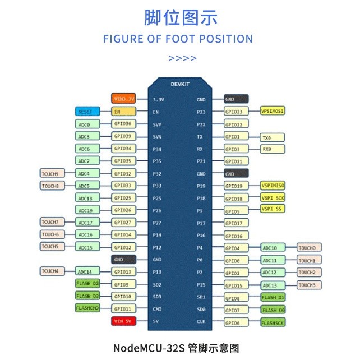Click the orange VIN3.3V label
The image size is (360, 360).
[x=123, y=99]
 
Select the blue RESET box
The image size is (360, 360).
[x=87, y=112]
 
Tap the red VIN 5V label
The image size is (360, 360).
[x=123, y=321]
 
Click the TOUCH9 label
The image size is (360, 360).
[x=53, y=173]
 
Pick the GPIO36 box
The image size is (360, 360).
[x=123, y=124]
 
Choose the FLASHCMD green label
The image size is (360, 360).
[x=87, y=308]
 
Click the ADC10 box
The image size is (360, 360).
[x=273, y=247]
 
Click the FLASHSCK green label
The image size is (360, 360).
[x=273, y=322]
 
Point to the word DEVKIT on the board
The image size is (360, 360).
[x=179, y=84]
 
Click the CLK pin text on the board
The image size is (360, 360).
[x=201, y=321]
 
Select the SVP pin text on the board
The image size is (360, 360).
[x=157, y=124]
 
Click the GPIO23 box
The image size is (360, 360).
[x=236, y=112]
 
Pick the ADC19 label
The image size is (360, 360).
[x=87, y=210]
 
